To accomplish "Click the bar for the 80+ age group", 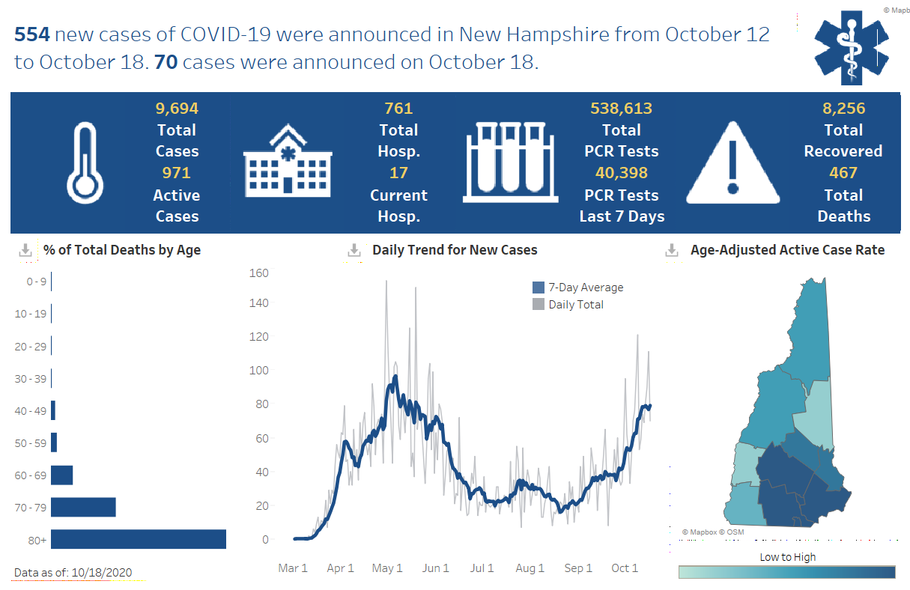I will [x=139, y=539].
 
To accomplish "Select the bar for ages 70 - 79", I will [x=83, y=507].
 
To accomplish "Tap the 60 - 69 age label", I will [x=31, y=475].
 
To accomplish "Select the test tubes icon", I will [x=512, y=162].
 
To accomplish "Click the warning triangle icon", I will [x=733, y=163].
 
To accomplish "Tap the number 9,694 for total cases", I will [x=177, y=109].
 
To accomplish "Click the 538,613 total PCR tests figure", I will [x=621, y=109].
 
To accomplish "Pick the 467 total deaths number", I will [x=843, y=173].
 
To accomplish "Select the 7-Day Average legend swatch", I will [x=539, y=288].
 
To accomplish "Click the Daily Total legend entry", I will [x=575, y=305].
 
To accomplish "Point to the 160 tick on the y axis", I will [x=258, y=273].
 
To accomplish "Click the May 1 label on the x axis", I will [x=387, y=568].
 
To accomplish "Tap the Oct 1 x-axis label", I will [x=624, y=568].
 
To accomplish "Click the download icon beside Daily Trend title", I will [x=354, y=250].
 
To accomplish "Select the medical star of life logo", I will [x=851, y=46].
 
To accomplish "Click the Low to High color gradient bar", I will [x=786, y=572].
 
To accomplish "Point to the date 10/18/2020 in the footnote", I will [x=101, y=573].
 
